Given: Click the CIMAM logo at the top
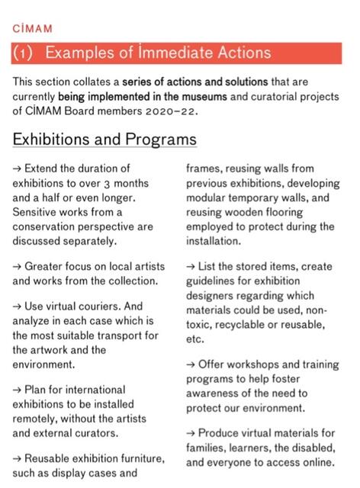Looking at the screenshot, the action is [33, 29].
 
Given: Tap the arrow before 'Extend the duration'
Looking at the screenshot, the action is [18, 169].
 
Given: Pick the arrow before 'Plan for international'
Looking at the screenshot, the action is [18, 389].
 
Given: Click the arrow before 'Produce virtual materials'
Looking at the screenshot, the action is [191, 433].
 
